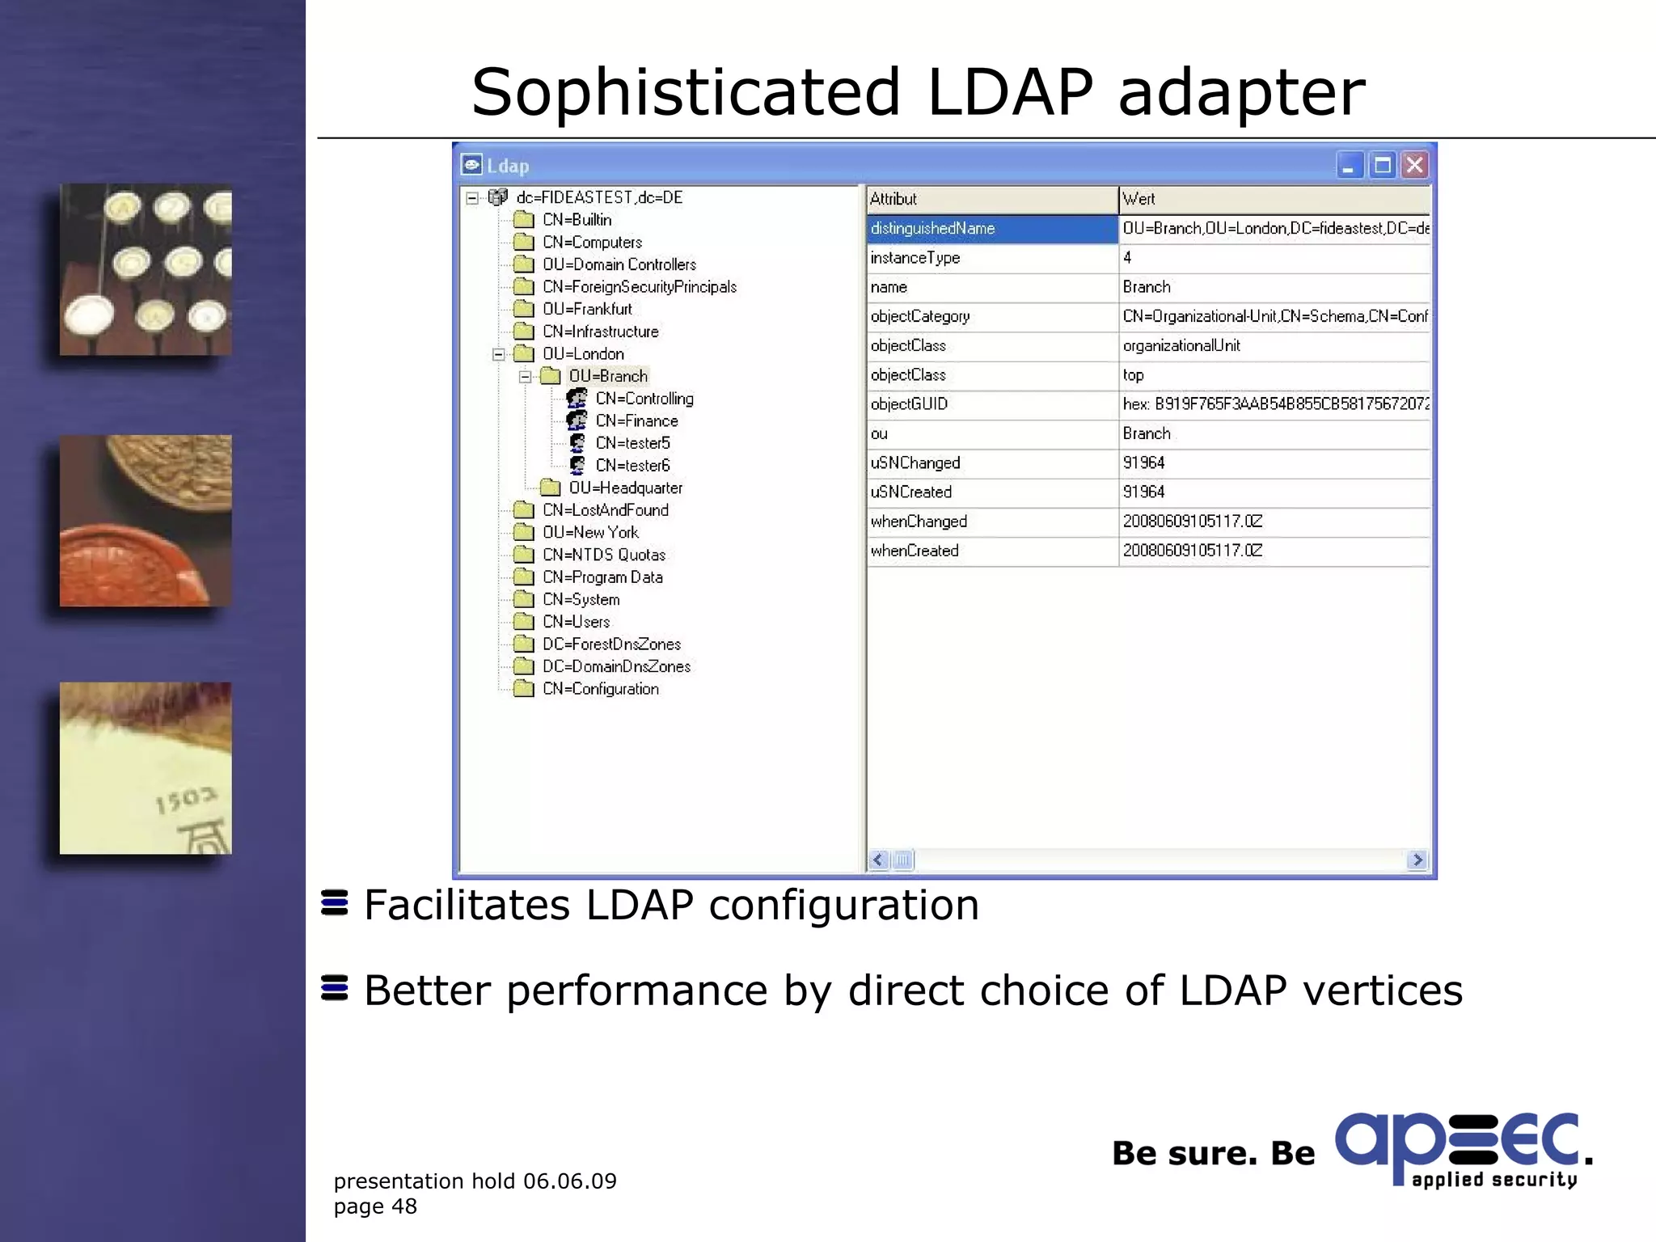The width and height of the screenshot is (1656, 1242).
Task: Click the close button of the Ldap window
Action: click(1414, 166)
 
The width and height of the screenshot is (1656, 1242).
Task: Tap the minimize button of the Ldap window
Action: click(1348, 166)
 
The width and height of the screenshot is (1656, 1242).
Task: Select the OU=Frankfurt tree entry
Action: click(587, 309)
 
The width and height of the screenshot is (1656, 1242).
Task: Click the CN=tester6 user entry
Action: click(632, 466)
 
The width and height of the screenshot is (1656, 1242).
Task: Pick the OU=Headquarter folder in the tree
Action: click(625, 488)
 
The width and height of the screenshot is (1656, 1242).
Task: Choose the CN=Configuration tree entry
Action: click(600, 689)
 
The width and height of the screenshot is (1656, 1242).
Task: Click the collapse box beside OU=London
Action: click(499, 354)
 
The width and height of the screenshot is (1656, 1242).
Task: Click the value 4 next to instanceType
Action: click(1127, 258)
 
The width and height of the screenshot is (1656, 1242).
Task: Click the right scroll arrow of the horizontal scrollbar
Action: click(1417, 860)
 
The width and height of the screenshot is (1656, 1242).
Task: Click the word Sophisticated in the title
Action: click(686, 92)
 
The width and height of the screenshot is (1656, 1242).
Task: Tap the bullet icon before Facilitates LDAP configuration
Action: click(334, 903)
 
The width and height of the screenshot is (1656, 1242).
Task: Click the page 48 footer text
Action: click(375, 1206)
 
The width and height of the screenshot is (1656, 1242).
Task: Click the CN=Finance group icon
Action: click(577, 420)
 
